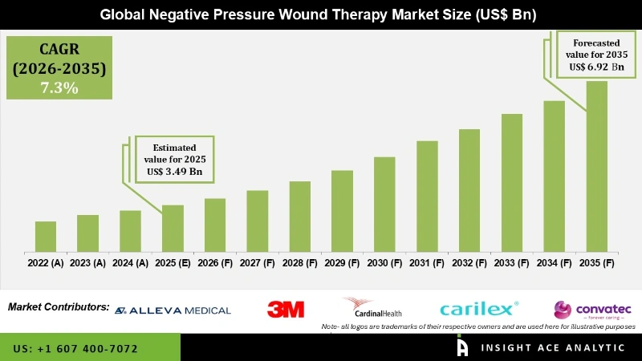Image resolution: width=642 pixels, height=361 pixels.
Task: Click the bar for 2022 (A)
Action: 46,236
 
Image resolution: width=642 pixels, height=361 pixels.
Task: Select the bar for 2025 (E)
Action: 173,228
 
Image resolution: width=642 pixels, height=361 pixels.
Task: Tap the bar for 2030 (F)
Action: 384,204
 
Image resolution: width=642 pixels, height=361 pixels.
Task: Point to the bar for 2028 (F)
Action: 299,216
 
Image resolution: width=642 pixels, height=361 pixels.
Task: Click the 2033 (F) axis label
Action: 512,262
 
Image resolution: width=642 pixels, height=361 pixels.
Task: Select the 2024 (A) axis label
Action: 130,262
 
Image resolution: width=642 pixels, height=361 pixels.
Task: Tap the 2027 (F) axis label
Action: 257,262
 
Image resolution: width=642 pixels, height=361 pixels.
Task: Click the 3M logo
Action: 286,309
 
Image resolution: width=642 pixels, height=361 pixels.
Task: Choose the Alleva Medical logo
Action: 173,310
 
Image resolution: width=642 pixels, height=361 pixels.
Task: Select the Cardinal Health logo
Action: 372,308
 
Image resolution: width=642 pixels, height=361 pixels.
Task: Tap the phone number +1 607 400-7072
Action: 75,349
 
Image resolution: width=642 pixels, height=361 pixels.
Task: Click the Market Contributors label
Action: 59,307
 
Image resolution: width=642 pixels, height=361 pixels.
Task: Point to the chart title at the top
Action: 321,14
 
